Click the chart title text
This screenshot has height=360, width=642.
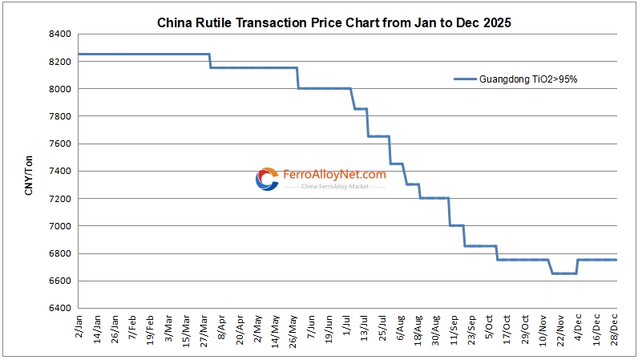333,23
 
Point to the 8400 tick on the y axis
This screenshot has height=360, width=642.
60,34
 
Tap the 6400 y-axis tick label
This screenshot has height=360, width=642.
60,309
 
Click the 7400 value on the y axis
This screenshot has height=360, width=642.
60,172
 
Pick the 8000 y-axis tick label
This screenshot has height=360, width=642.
60,89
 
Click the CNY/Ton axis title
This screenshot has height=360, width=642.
29,171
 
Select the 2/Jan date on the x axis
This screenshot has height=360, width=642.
78,328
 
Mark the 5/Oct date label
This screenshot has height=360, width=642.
489,328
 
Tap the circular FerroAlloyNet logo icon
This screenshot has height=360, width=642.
267,179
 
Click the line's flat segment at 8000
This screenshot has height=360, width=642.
325,88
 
